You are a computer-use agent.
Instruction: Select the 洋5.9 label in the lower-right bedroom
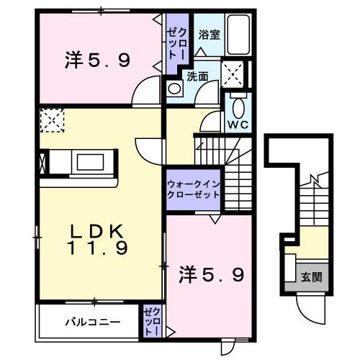click(x=210, y=274)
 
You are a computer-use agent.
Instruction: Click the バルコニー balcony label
click(x=89, y=322)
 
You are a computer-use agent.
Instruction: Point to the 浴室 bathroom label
click(x=209, y=33)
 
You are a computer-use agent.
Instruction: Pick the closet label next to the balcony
click(x=152, y=322)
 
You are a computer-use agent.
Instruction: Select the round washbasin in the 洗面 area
click(x=174, y=89)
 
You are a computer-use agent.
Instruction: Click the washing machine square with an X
click(x=233, y=73)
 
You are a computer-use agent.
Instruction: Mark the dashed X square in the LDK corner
click(x=52, y=120)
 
